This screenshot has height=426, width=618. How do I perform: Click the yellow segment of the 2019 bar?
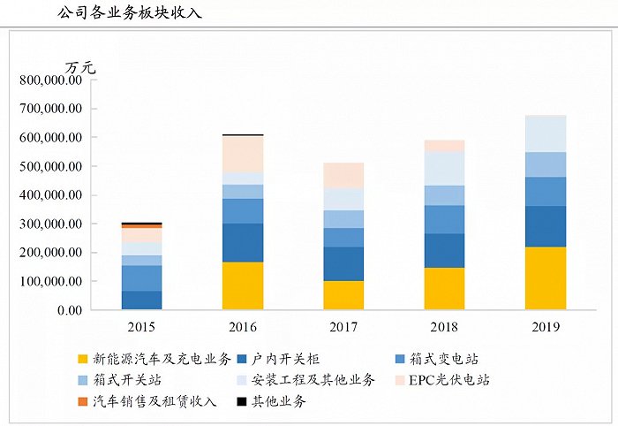545,278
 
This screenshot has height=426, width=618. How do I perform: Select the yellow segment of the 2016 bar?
243,285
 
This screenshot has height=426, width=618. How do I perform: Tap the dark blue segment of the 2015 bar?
141,300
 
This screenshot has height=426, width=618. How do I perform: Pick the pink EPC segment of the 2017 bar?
343,175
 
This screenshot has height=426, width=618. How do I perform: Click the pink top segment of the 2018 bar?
444,146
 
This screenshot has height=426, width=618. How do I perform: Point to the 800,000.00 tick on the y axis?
50,80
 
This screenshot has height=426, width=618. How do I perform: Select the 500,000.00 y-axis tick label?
50,166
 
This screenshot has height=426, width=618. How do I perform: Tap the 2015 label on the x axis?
141,327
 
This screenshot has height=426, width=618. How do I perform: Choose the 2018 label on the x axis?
444,327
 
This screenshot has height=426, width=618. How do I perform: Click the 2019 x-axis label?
545,327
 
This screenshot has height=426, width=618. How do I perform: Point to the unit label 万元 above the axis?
79,67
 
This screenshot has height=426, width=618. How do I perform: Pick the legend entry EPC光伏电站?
446,380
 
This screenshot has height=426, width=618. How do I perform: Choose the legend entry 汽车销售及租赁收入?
154,401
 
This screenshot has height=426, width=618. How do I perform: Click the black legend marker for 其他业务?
241,401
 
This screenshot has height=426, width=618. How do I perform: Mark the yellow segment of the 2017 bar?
343,295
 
